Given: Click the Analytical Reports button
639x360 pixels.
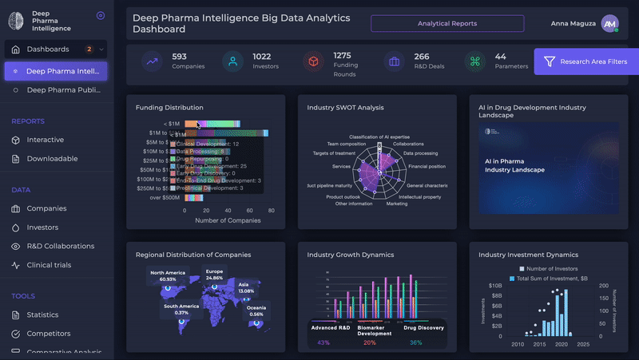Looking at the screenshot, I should pos(447,23).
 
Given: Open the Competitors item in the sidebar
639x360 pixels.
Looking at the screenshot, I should pos(48,333).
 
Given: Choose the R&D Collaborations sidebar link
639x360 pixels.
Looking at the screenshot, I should pos(61,246).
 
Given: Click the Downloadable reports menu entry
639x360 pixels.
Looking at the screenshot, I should pos(52,158).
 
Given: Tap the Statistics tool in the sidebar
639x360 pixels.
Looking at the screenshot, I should pos(42,315).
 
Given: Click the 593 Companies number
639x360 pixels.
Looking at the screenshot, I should pos(180,57).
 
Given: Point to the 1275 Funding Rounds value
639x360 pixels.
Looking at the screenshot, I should pos(342,55).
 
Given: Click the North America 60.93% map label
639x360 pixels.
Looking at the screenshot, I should pos(168,275).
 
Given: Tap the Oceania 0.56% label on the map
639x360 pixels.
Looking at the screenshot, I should pos(256,311).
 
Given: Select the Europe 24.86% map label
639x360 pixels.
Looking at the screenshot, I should pos(214,275).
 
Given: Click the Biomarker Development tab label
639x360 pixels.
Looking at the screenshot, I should pos(375,330).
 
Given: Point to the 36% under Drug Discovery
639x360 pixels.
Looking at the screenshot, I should pos(415,342).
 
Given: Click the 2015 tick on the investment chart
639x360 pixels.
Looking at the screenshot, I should pos(540,344).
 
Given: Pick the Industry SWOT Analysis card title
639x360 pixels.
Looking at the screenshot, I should pos(345,107).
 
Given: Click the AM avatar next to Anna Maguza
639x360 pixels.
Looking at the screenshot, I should pos(610,24).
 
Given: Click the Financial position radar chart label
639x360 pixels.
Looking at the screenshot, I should pos(427,167).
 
